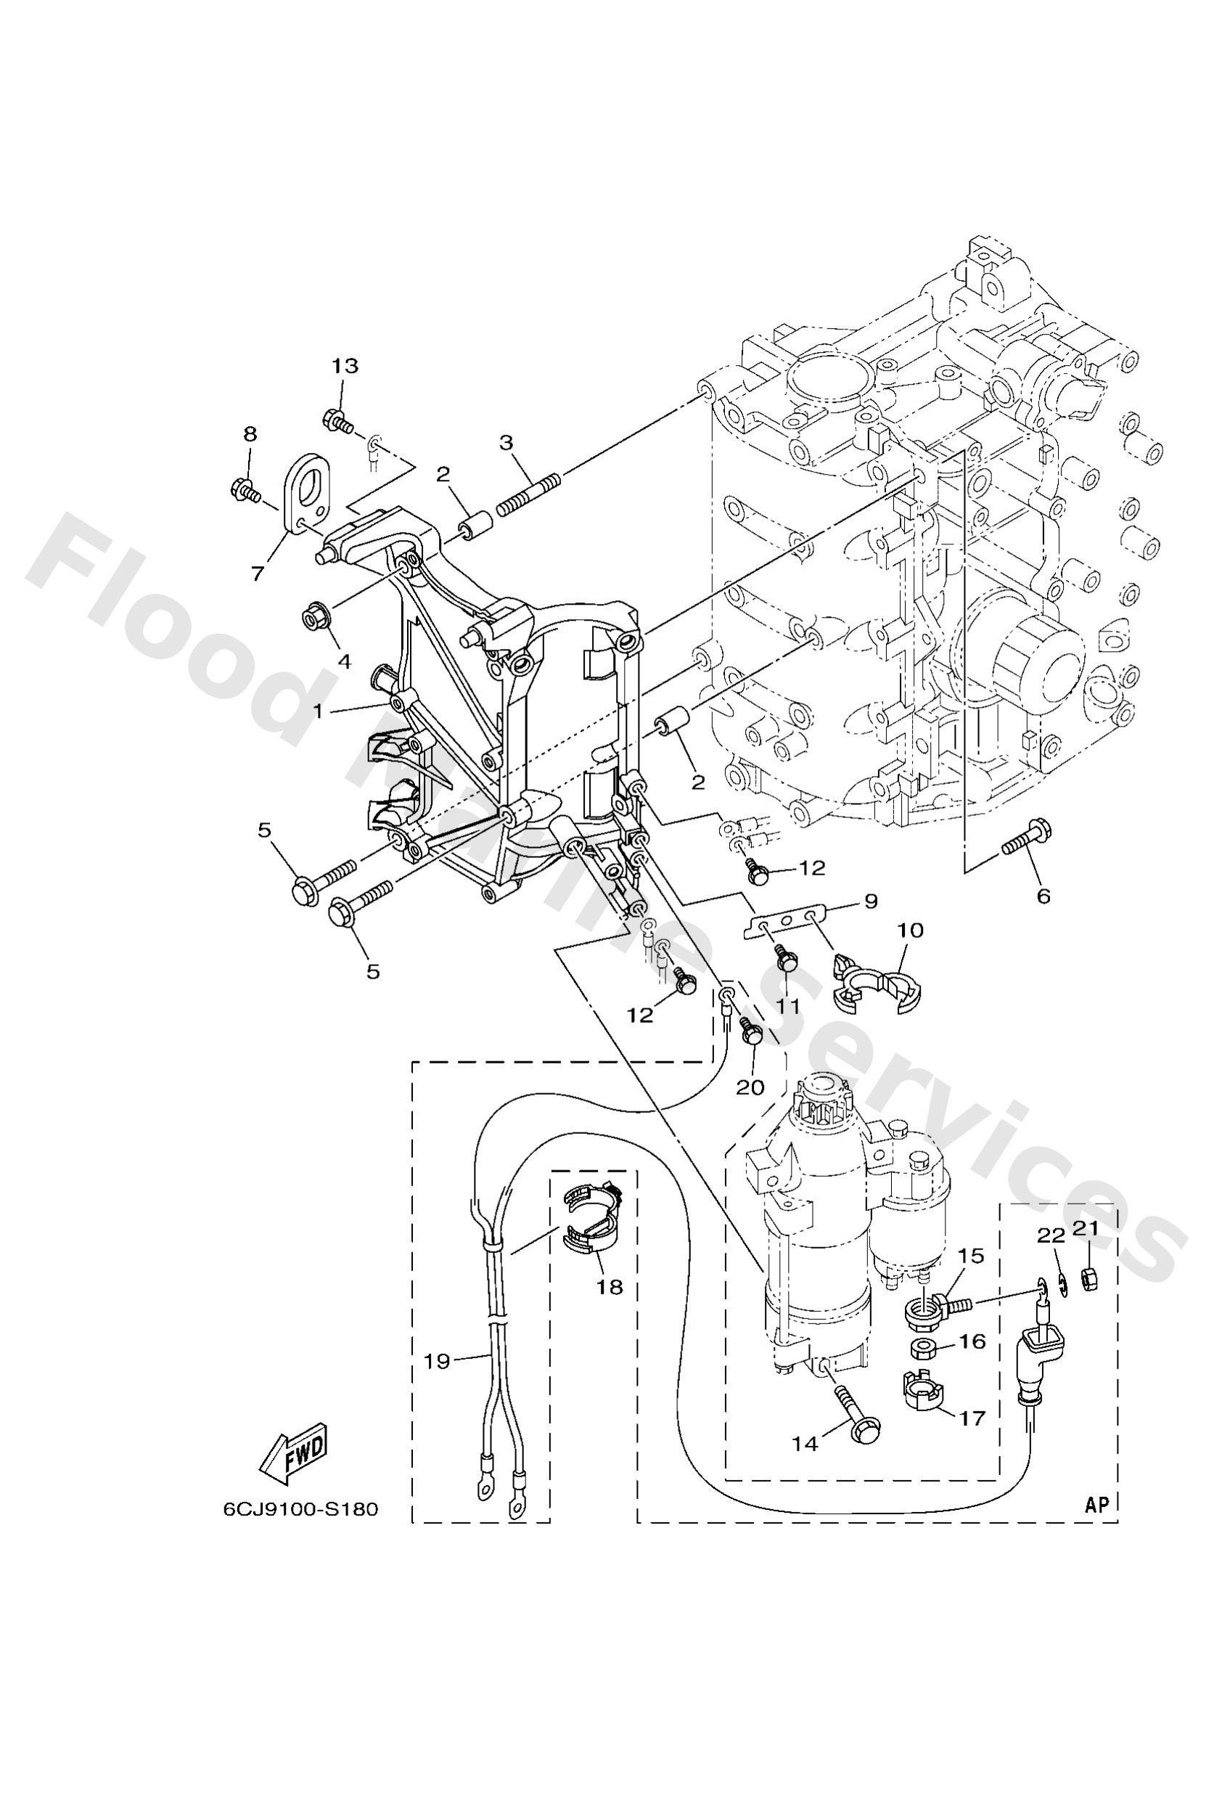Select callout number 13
click(x=345, y=366)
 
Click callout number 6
click(x=1043, y=897)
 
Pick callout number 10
click(x=911, y=929)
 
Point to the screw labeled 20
click(x=752, y=1034)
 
